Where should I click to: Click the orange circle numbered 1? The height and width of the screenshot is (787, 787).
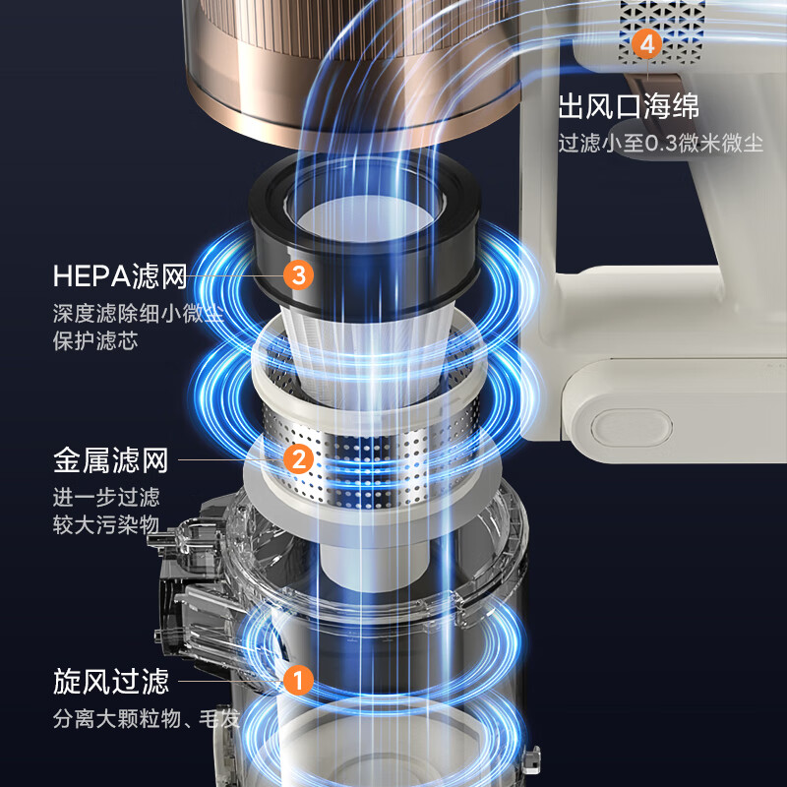297,680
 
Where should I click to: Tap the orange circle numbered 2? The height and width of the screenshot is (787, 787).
297,457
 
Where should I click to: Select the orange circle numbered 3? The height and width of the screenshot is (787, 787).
299,274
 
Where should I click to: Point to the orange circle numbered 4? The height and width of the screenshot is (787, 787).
645,44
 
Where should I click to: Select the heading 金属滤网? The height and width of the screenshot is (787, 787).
111,459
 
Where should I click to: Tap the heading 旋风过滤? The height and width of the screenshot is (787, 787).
111,681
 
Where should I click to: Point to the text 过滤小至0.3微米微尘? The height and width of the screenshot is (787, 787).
660,143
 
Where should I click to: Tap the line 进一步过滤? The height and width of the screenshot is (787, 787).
106,497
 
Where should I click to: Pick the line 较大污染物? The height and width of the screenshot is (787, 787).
106,524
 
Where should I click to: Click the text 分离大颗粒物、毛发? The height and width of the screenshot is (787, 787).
147,719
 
